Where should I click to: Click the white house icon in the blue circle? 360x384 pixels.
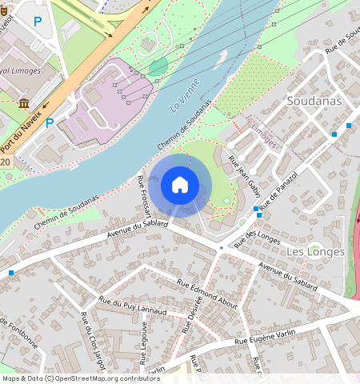point(180,185)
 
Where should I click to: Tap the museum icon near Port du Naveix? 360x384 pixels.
point(23,103)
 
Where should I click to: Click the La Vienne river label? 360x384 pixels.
point(184,101)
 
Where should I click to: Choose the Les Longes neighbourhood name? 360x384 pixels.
point(314,251)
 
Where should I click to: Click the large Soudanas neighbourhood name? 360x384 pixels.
point(314,102)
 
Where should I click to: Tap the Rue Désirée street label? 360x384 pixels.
point(193,319)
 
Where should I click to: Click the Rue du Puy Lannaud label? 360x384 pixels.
point(133,306)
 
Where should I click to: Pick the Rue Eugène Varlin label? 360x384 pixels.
point(265,337)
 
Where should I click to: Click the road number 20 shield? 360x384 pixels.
point(5,162)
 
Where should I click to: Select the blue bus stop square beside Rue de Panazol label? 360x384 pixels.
point(256,210)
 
